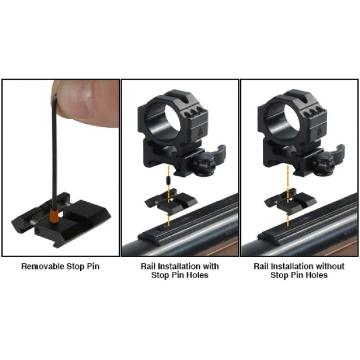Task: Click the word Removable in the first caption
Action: coord(43,266)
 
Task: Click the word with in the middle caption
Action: coord(211,266)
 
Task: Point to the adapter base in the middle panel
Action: coord(171,201)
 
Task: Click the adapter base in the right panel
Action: coord(290,201)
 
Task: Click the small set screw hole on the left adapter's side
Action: coord(37,229)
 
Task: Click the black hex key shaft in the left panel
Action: coord(55,151)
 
